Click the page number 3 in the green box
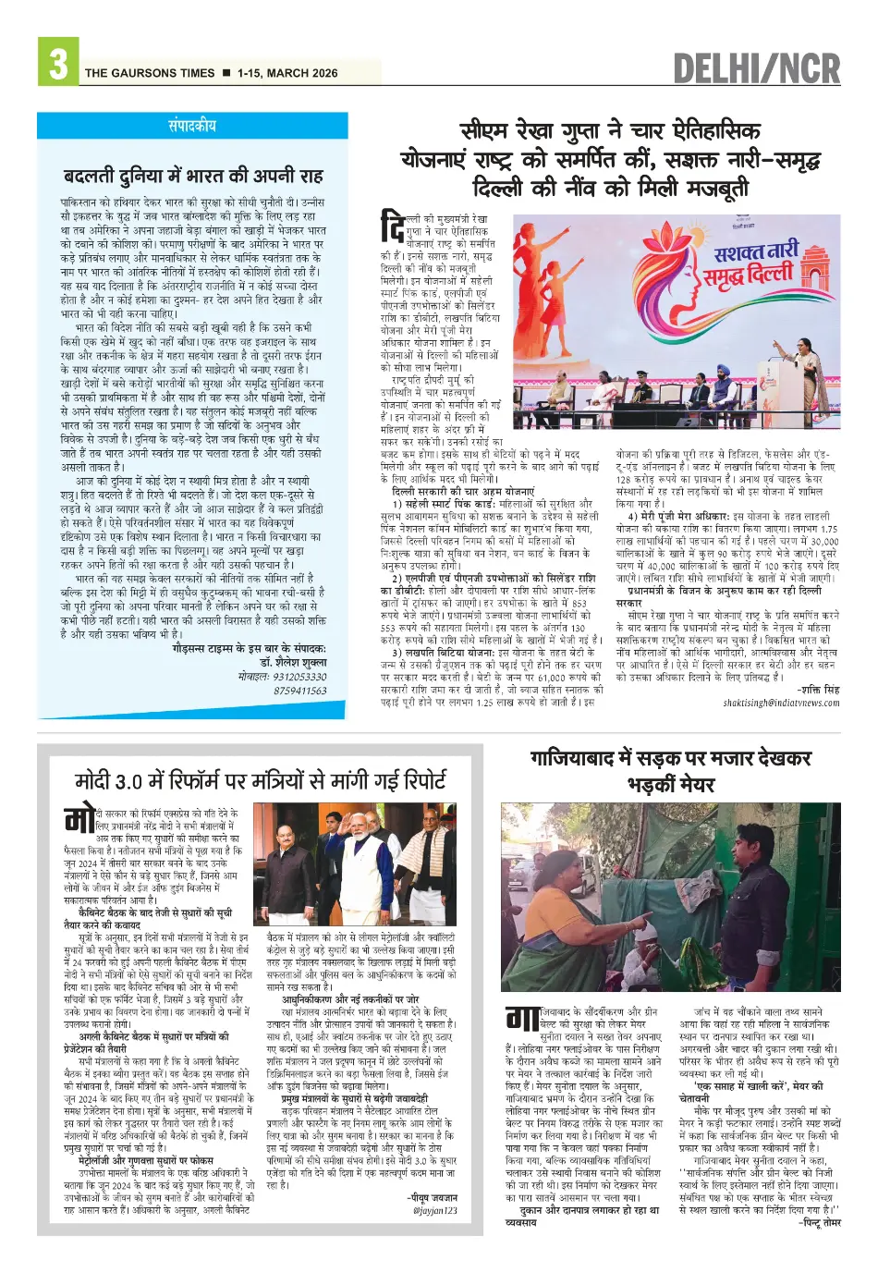[x=57, y=63]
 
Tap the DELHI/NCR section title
[x=756, y=68]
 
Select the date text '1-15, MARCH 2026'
[x=287, y=73]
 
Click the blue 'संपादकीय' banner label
[x=193, y=126]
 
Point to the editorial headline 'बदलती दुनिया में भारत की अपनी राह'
[x=193, y=176]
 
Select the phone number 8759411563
[x=299, y=690]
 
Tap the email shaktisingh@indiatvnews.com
[x=781, y=703]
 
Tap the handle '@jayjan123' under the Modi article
[x=434, y=1210]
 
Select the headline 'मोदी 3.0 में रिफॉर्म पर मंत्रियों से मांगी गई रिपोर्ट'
[x=261, y=781]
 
